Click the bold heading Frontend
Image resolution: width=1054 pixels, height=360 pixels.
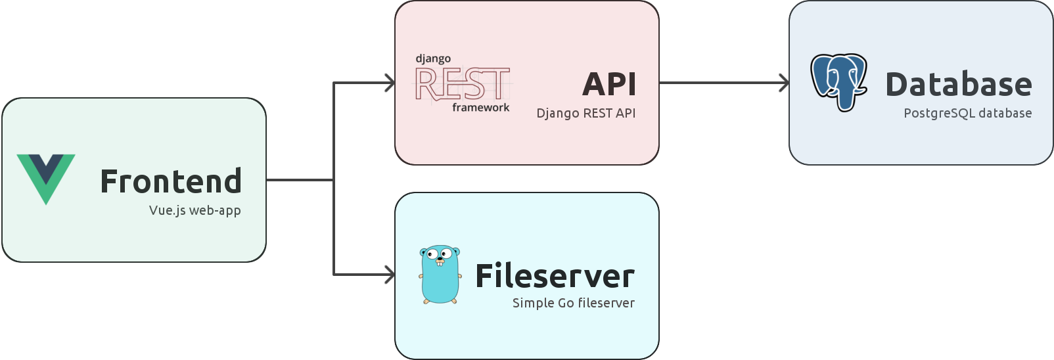point(171,181)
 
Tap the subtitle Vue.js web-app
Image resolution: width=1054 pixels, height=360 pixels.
point(195,211)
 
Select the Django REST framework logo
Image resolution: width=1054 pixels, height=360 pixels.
point(463,83)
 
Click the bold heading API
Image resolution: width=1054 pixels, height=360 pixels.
point(609,84)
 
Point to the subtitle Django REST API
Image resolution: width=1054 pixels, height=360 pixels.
point(585,113)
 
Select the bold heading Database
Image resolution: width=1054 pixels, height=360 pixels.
point(959,85)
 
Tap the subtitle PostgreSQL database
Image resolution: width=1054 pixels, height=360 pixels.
point(967,113)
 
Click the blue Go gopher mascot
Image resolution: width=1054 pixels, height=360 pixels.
point(440,275)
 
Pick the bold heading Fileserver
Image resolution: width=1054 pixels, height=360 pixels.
point(555,276)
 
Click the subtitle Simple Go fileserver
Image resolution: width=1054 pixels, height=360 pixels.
point(573,303)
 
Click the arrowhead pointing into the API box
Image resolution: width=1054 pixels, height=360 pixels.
point(390,83)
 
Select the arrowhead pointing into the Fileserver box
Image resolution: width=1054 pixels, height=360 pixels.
point(390,275)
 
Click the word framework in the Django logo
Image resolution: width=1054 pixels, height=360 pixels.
point(480,108)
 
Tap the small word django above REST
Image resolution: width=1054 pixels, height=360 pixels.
point(433,59)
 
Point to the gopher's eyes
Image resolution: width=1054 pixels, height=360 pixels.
point(440,254)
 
